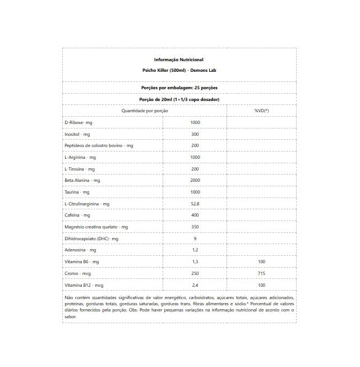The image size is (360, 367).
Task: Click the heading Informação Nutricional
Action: pyautogui.click(x=178, y=59)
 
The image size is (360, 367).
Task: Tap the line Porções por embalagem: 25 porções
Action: pyautogui.click(x=178, y=88)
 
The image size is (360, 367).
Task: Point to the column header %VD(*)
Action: pyautogui.click(x=261, y=111)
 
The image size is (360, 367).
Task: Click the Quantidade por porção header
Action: pyautogui.click(x=145, y=111)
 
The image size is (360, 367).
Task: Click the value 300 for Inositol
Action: pyautogui.click(x=195, y=134)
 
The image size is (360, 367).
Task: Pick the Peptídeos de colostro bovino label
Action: pyautogui.click(x=99, y=146)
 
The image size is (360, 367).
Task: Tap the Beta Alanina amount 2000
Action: pyautogui.click(x=195, y=181)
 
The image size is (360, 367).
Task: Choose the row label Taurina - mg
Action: pyautogui.click(x=77, y=192)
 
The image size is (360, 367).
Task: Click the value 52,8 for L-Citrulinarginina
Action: pyautogui.click(x=195, y=204)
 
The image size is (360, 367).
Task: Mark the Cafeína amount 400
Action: pyautogui.click(x=195, y=215)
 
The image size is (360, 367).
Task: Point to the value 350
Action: pyautogui.click(x=195, y=227)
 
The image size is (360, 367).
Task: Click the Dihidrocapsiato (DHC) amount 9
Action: pyautogui.click(x=195, y=238)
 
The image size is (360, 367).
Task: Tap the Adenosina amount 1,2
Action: pyautogui.click(x=195, y=250)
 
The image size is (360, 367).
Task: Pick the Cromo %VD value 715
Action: pyautogui.click(x=261, y=273)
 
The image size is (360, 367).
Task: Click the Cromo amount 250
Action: pyautogui.click(x=195, y=273)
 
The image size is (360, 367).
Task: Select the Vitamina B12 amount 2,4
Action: pyautogui.click(x=195, y=285)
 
